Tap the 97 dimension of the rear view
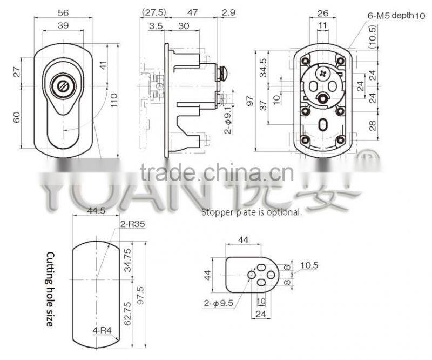coord(264,99)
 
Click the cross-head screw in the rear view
coord(323,71)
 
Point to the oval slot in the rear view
coord(322,125)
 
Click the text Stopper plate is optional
coord(252,212)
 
